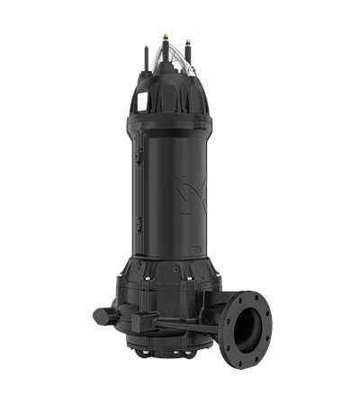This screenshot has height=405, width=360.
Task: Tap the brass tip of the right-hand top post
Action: (189, 40)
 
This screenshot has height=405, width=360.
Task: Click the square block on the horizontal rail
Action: (141, 321)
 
